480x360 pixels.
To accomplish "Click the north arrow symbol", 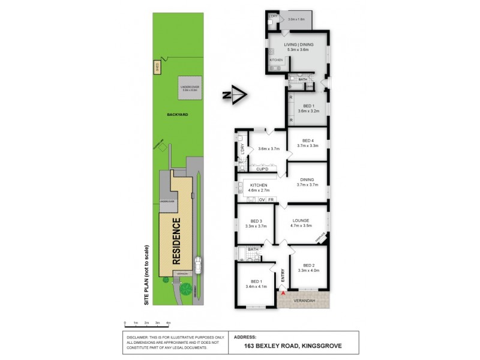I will point(238,95).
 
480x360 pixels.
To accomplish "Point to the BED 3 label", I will point(256,222).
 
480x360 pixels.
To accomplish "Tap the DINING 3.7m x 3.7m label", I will point(307,182).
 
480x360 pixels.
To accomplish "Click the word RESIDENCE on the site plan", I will point(177,242).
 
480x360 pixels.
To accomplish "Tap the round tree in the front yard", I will point(186,290).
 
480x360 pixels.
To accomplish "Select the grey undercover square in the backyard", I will point(190,89).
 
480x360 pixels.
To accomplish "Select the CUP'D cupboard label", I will point(262,170).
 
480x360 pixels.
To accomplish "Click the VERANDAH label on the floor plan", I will point(304,301).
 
